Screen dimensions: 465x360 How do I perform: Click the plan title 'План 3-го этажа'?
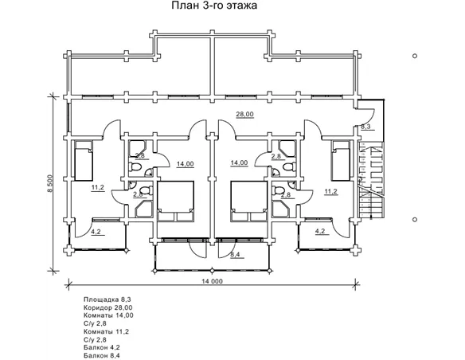[x=214, y=6]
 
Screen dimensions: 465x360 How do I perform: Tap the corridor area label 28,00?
[x=245, y=114]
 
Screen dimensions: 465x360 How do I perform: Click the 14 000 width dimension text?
[x=212, y=281]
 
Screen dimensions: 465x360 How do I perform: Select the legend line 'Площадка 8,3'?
[x=104, y=299]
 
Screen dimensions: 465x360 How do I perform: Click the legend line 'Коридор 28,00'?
[x=108, y=307]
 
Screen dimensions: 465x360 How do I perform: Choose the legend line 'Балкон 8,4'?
[x=102, y=355]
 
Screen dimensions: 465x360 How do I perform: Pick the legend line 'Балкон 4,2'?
[x=102, y=347]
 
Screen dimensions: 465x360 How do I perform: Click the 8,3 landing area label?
[x=365, y=127]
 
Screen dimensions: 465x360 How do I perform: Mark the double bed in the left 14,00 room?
[x=175, y=202]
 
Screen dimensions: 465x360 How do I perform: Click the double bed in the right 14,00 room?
[x=248, y=202]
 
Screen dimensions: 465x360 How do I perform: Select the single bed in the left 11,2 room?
[x=84, y=161]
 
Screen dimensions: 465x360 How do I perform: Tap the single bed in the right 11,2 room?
[x=341, y=161]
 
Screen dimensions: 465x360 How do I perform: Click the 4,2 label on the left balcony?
[x=96, y=232]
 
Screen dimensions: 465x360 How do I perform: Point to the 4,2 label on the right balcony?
[x=320, y=231]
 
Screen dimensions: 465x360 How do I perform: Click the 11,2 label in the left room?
[x=98, y=187]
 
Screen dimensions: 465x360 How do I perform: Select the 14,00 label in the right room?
[x=240, y=162]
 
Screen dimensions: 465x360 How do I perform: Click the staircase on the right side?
[x=371, y=180]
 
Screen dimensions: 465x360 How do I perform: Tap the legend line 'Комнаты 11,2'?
[x=106, y=331]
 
